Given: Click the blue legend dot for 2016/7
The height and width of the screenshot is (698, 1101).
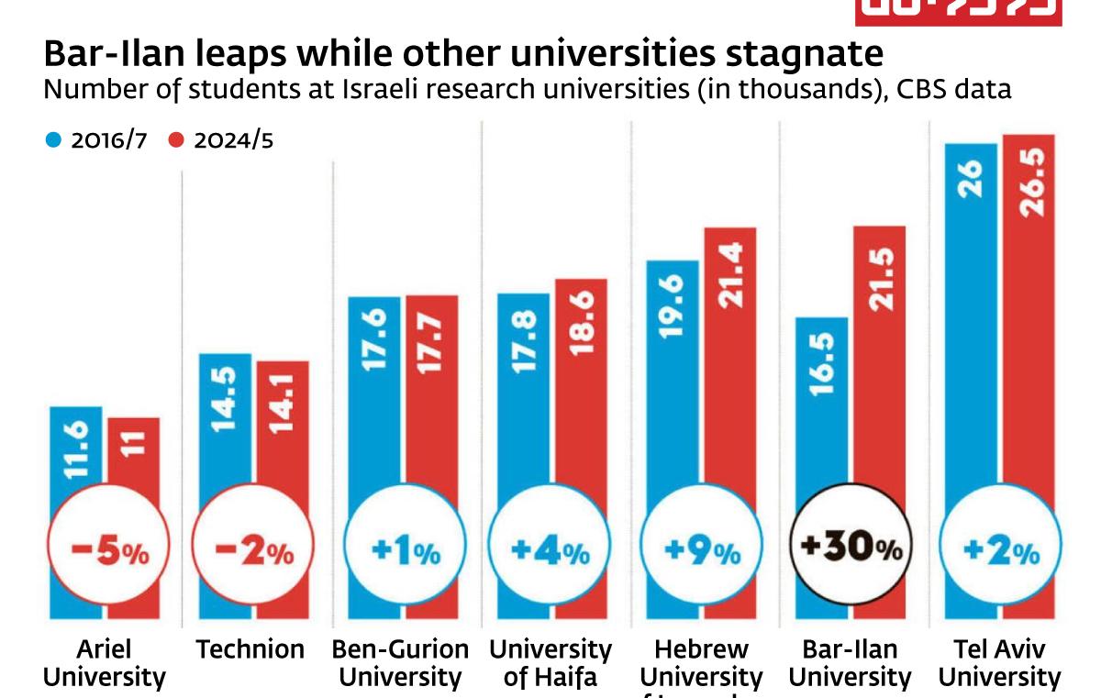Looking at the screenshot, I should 53,140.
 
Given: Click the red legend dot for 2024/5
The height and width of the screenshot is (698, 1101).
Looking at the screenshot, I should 176,140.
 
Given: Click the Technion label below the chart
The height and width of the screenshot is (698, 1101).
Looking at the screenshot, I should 250,649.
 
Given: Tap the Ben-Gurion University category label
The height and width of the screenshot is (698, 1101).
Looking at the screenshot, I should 400,663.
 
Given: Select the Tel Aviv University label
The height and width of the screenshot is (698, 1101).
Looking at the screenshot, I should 999,663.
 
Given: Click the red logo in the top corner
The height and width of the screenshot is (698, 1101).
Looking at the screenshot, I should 958,12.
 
